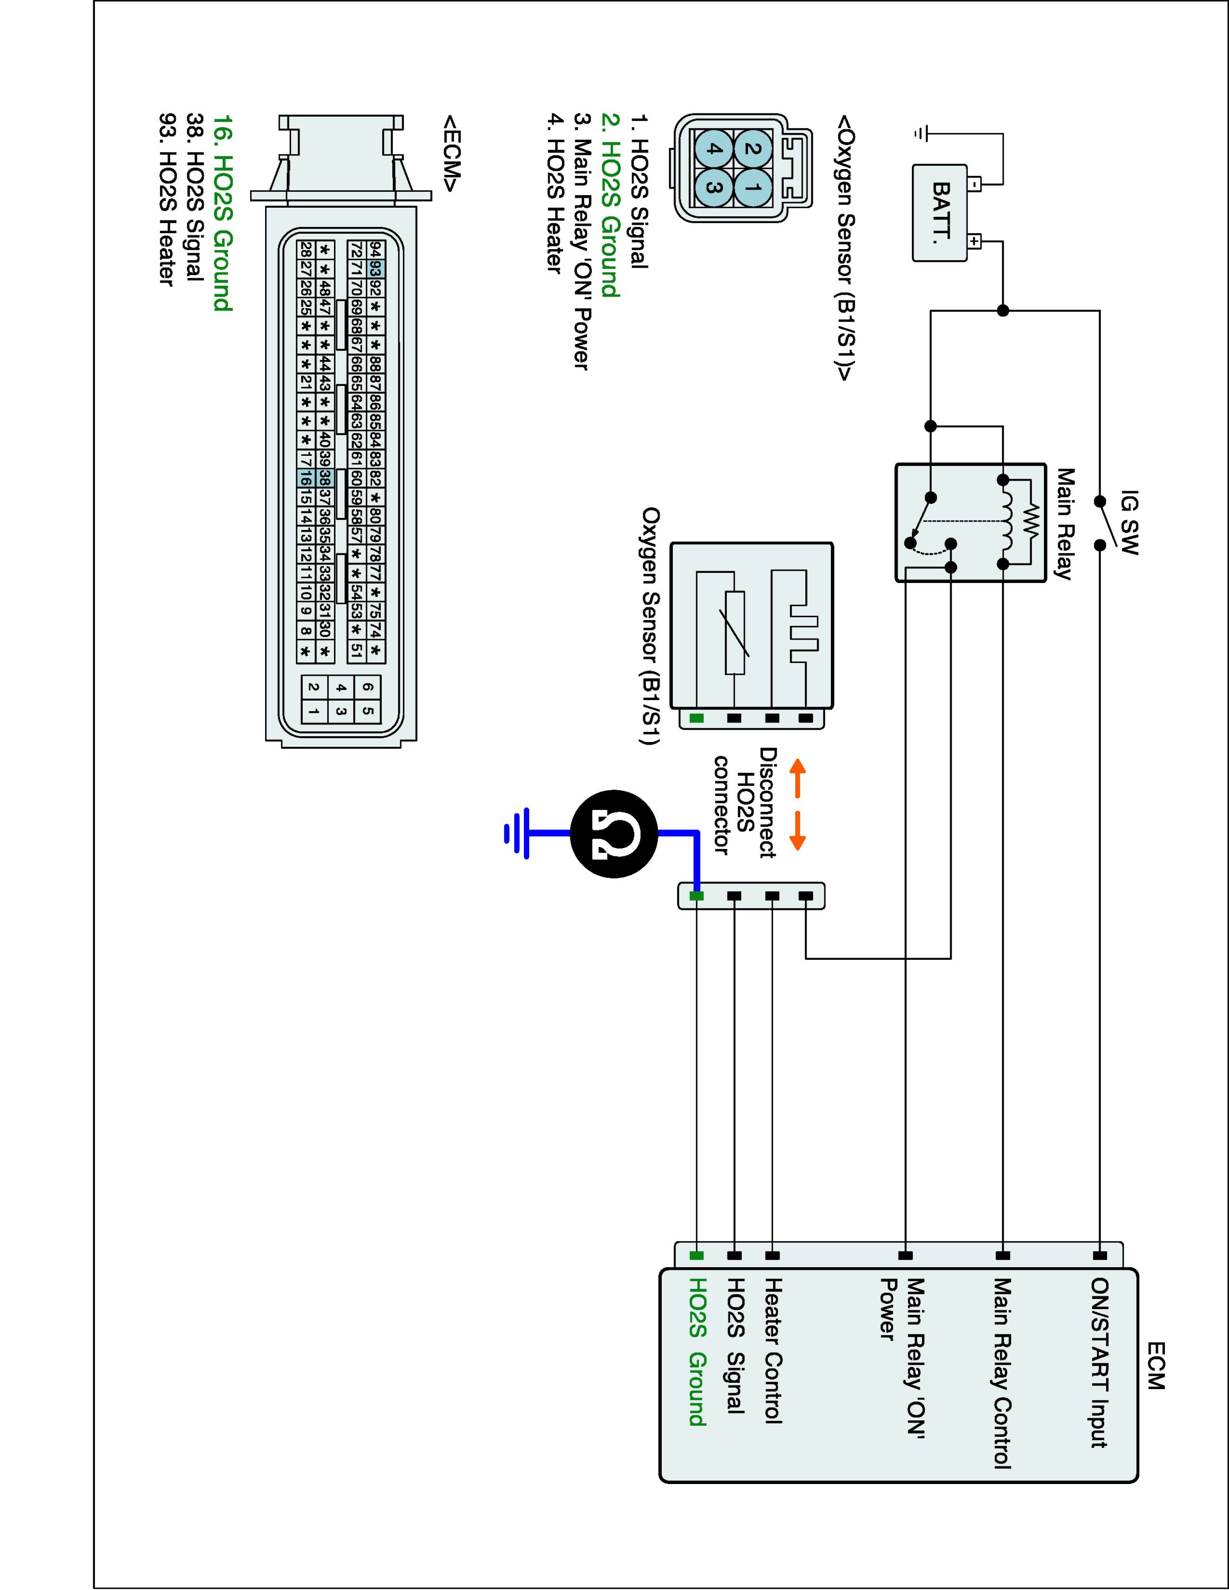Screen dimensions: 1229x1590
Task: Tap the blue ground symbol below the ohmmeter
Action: click(x=517, y=833)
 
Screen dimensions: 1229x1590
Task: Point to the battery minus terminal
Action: click(x=975, y=183)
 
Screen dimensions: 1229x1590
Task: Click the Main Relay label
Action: click(x=1065, y=524)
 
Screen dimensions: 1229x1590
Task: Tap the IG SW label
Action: click(x=1128, y=523)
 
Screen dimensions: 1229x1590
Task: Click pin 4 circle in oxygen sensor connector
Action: click(x=714, y=149)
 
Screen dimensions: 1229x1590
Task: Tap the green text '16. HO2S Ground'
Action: click(x=222, y=213)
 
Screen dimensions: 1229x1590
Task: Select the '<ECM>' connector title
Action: click(x=451, y=153)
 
